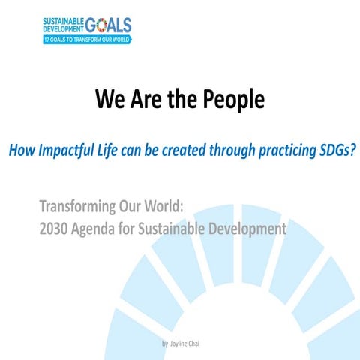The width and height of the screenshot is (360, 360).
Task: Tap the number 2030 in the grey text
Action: click(x=55, y=228)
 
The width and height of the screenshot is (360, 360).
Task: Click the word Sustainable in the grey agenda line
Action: click(x=179, y=228)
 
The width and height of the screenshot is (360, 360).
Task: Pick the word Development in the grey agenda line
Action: click(x=251, y=228)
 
